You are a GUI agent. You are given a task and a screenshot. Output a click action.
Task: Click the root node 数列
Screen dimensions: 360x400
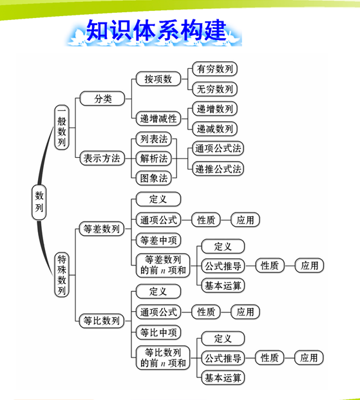click(x=39, y=202)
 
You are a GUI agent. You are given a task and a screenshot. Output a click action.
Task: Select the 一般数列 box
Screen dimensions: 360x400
click(x=62, y=127)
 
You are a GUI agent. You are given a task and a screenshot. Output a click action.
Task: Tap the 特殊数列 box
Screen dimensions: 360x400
click(x=62, y=275)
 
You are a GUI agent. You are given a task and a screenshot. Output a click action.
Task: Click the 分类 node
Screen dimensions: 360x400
click(x=102, y=99)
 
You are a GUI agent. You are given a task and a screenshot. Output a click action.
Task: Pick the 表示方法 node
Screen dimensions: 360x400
click(x=102, y=158)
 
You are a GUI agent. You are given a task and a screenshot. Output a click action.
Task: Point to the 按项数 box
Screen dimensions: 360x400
click(x=158, y=79)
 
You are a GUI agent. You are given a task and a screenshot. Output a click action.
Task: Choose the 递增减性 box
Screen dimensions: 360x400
click(x=158, y=119)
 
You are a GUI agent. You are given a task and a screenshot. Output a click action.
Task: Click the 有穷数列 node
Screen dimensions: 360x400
click(x=215, y=69)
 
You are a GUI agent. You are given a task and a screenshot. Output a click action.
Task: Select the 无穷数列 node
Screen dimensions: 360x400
click(x=215, y=89)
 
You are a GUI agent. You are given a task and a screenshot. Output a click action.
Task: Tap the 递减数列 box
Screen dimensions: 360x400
click(x=215, y=129)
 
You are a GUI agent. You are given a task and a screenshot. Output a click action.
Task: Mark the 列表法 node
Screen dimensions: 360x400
click(x=153, y=138)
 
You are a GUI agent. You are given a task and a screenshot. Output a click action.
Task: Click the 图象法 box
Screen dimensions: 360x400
click(x=153, y=178)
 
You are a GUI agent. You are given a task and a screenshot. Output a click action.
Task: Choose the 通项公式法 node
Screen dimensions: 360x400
click(x=218, y=148)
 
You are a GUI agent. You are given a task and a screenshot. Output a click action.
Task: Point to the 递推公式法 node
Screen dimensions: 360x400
click(x=218, y=169)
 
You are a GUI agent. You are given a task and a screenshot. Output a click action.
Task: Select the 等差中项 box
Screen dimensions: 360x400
click(x=158, y=240)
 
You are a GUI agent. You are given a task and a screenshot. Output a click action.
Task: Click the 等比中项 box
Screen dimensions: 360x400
click(x=158, y=332)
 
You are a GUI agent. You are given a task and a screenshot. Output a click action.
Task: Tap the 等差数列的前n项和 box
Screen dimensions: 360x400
click(x=163, y=265)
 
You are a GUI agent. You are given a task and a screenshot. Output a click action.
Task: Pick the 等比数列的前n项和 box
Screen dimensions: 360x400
click(x=163, y=357)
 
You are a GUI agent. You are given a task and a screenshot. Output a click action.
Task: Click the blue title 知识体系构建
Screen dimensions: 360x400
click(x=156, y=30)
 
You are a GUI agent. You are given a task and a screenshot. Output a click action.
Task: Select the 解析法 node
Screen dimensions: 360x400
click(x=153, y=158)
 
